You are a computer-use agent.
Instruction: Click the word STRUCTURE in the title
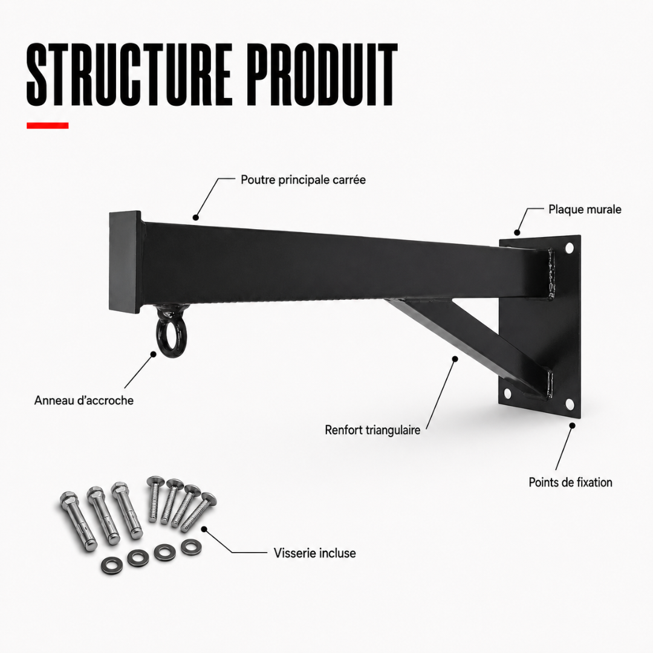coord(129,74)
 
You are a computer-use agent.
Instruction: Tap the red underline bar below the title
coord(48,125)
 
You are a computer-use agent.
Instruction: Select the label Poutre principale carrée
coord(303,180)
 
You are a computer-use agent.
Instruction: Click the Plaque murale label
coord(585,209)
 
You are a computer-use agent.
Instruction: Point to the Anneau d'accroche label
coord(83,400)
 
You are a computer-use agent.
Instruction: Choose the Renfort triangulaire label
coord(372,430)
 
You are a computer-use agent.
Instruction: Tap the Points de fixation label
coord(570,482)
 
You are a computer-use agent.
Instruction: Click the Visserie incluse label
coord(314,553)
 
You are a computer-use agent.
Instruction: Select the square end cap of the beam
coord(125,262)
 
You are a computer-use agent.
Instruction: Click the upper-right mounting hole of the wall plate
coord(569,249)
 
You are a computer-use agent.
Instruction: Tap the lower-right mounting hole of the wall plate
coord(570,404)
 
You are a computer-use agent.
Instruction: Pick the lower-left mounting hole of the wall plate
coord(507,393)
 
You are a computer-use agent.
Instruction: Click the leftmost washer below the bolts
coord(112,565)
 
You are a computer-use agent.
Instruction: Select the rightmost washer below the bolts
coord(191,547)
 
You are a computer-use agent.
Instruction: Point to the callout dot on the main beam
coord(195,217)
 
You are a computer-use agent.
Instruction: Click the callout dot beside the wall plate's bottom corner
coord(572,426)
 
